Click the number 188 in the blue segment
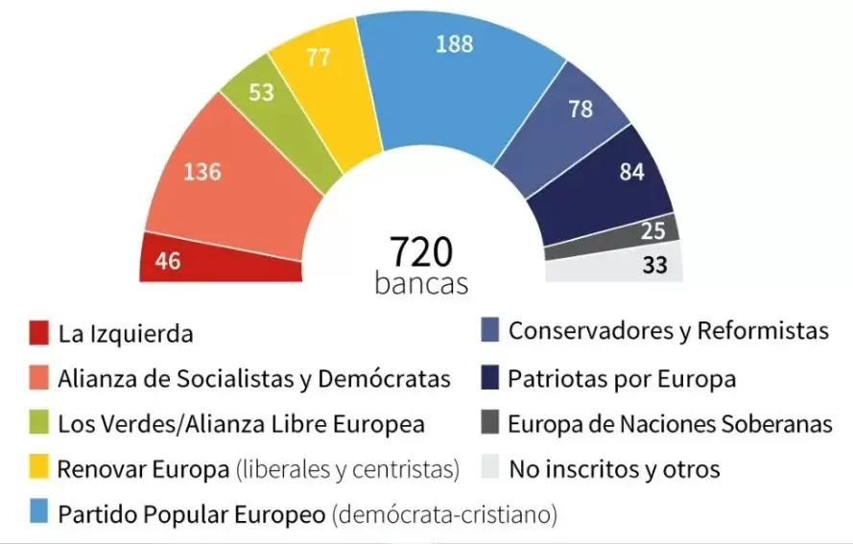click(453, 44)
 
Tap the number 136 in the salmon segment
click(202, 173)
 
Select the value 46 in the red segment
click(168, 261)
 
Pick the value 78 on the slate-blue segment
click(581, 109)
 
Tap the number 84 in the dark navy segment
click(631, 173)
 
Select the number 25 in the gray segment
click(653, 231)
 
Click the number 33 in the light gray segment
click(654, 265)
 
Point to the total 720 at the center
click(420, 251)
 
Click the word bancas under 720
click(421, 284)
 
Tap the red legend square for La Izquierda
click(38, 334)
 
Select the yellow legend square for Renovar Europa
click(38, 470)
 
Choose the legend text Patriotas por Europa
click(622, 379)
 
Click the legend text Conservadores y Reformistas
click(668, 332)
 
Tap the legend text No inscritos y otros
click(614, 470)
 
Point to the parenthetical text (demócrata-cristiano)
click(444, 515)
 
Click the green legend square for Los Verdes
click(38, 424)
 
